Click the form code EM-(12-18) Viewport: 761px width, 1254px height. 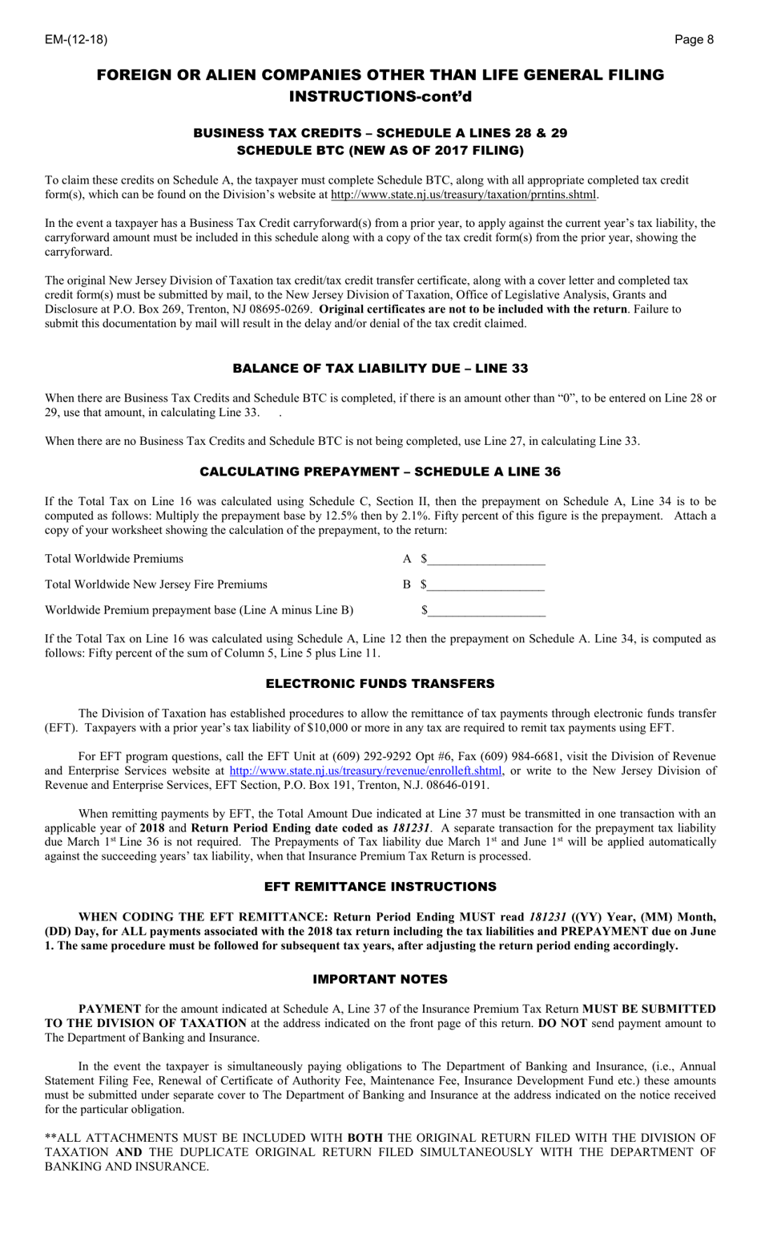point(75,39)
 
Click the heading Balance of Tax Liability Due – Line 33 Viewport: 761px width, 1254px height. point(380,368)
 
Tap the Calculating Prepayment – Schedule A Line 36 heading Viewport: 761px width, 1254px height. point(380,471)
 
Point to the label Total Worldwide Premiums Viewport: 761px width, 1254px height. point(114,559)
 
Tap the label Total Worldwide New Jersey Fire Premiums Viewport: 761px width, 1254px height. point(156,585)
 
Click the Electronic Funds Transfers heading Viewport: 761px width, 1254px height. point(380,683)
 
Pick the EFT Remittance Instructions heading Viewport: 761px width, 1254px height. point(380,886)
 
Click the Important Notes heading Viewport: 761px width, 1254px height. point(380,979)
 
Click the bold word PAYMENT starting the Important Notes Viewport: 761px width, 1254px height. point(110,1009)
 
